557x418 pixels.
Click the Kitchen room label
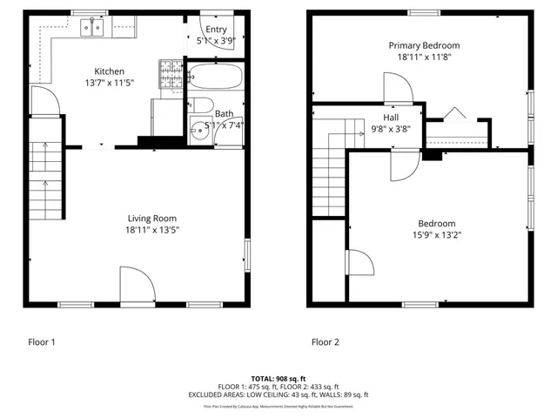[110, 71]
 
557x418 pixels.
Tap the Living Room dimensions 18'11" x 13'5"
[152, 230]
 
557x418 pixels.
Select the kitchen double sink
[93, 29]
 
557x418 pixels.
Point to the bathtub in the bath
[215, 78]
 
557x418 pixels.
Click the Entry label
[216, 29]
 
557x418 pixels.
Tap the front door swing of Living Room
[137, 285]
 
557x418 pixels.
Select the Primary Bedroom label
[424, 45]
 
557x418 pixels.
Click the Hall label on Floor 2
[391, 116]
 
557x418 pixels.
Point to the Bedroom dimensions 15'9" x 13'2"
[436, 234]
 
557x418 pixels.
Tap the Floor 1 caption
[41, 342]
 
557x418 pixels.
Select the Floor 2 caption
[325, 342]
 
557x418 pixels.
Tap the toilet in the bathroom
[199, 106]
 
